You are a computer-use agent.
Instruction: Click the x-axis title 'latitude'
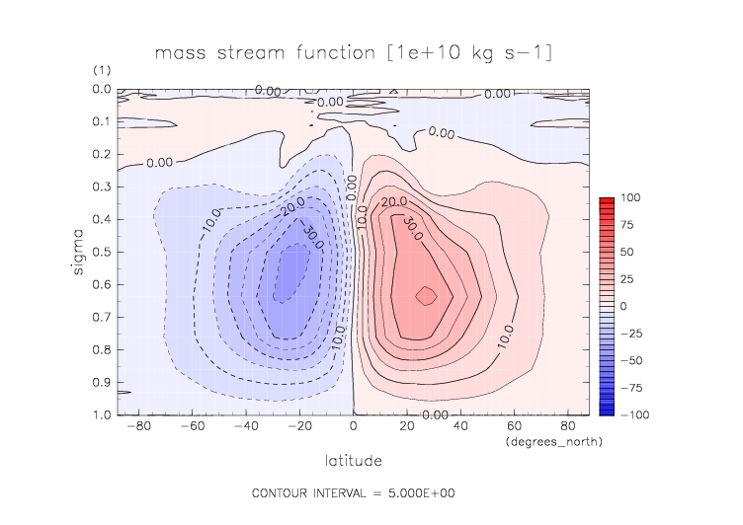coord(353,461)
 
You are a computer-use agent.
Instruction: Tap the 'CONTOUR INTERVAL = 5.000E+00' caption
coord(353,492)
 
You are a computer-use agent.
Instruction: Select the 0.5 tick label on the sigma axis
coord(102,253)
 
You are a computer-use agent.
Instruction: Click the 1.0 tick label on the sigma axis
coord(102,415)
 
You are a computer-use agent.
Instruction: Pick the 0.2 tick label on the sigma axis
coord(102,155)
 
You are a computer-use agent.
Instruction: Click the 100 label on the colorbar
coord(629,198)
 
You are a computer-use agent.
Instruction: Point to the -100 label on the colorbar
coord(632,415)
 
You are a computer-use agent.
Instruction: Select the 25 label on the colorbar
coord(626,279)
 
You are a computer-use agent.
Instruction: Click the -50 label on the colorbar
coord(629,360)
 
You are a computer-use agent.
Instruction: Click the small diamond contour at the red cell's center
coord(426,295)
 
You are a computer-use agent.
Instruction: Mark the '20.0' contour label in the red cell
coord(395,201)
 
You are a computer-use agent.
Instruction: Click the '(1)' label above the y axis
coord(103,70)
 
